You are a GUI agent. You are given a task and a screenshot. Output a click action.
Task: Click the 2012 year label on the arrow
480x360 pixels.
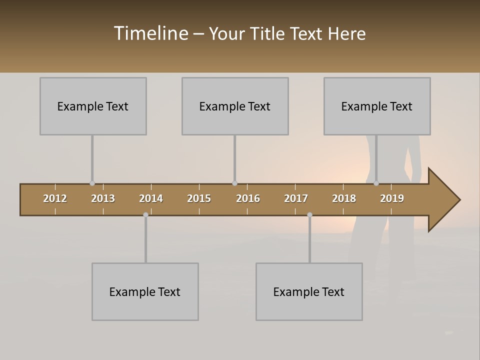tap(55, 198)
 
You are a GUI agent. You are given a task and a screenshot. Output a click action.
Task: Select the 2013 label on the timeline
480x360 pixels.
tap(103, 198)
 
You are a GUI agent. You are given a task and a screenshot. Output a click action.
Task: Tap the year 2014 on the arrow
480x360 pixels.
tap(151, 198)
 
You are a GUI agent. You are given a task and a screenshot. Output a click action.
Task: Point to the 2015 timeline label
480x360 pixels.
tap(199, 198)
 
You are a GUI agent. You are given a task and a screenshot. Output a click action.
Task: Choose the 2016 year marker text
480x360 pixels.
tap(248, 198)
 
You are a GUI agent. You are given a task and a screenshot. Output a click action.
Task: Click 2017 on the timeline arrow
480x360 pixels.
tap(296, 198)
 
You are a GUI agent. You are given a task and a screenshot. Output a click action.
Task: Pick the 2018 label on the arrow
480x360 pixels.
tap(344, 198)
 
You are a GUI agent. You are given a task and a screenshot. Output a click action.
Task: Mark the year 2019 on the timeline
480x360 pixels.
tap(392, 198)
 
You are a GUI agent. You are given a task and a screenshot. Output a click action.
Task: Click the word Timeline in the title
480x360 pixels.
tap(150, 33)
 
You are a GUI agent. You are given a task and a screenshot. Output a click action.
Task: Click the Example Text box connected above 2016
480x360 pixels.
tap(235, 106)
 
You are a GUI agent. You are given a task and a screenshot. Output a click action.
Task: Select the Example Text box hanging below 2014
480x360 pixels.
tap(145, 291)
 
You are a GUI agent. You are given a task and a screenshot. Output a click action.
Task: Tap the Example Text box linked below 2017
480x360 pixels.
tap(309, 291)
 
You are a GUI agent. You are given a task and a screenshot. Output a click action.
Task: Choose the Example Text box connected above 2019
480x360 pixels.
tap(377, 106)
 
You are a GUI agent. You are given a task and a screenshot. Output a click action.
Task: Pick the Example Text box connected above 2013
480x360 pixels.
tap(93, 106)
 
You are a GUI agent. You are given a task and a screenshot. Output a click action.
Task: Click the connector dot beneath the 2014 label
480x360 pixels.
tap(145, 215)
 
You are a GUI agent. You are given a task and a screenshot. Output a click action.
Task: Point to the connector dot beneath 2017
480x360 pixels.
tap(309, 215)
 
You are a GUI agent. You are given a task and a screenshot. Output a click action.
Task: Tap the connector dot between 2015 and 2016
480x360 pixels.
tap(234, 183)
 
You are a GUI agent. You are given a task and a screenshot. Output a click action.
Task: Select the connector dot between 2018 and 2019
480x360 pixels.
tap(376, 183)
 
